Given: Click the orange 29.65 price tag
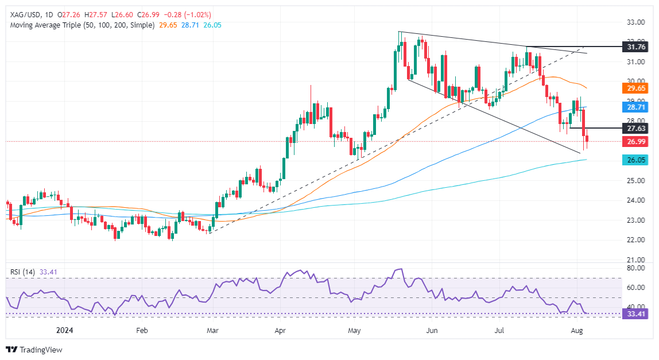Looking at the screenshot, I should click(637, 88).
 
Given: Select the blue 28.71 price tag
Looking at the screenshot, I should click(637, 107).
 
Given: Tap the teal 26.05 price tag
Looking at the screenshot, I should click(637, 161).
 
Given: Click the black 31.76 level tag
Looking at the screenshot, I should click(637, 47).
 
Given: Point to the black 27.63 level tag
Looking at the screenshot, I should click(637, 129).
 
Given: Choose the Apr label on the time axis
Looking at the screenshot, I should click(280, 331).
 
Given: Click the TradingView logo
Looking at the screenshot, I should click(34, 350).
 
